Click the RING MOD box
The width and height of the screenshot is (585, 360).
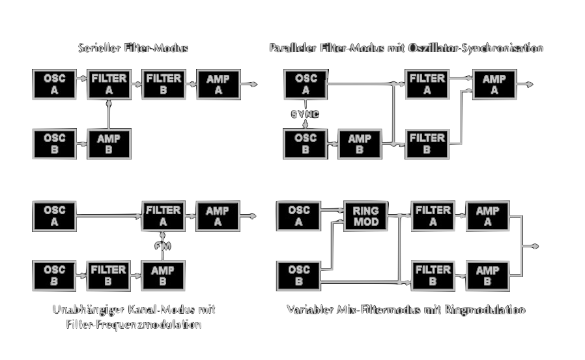(x=365, y=217)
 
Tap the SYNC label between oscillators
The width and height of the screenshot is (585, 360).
(x=305, y=114)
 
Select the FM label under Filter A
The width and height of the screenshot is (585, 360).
(x=162, y=245)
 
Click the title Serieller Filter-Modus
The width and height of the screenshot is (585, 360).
(x=134, y=48)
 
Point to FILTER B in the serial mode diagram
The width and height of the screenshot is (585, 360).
(x=164, y=85)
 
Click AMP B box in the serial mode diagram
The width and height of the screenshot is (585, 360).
(x=109, y=144)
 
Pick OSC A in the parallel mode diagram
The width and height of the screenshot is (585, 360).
(x=306, y=85)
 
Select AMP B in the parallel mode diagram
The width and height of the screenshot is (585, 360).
(x=360, y=144)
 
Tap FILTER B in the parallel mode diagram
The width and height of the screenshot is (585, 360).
(x=427, y=144)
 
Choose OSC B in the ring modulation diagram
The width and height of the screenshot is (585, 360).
(x=299, y=276)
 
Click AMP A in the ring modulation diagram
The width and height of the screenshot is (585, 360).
(x=487, y=217)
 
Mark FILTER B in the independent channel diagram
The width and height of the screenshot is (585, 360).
(x=109, y=276)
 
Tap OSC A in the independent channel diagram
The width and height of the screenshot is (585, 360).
(x=55, y=217)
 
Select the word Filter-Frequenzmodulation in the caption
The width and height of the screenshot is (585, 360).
(x=134, y=324)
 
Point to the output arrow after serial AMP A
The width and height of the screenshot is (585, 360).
(x=249, y=84)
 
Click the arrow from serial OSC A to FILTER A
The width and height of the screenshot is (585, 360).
(x=81, y=78)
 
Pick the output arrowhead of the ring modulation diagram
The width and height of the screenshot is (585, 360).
(x=535, y=246)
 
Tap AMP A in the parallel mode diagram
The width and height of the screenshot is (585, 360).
(x=494, y=85)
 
